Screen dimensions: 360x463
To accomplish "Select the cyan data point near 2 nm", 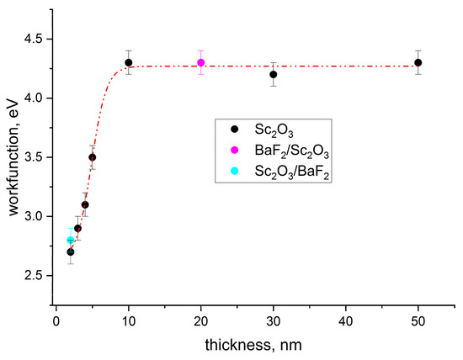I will [x=71, y=241].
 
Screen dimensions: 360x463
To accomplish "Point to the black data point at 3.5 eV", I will [x=93, y=157].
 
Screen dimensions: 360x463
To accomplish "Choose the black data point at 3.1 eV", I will [x=85, y=204].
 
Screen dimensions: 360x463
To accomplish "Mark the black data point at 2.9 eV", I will [x=77, y=228].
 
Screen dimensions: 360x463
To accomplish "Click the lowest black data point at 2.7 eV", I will [x=71, y=251].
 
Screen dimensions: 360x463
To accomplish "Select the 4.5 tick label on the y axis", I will [x=35, y=39].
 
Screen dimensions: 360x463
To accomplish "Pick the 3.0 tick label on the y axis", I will [x=35, y=216].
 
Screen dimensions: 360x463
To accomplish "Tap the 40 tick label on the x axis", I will [x=346, y=320].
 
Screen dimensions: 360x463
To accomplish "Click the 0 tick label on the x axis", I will [x=56, y=320].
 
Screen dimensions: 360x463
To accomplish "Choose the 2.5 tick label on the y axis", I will [x=35, y=276].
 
